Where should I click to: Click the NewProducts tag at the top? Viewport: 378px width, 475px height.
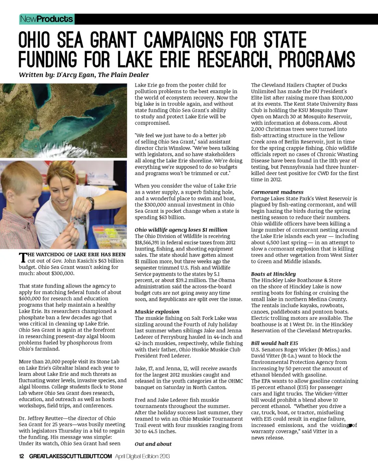(47, 19)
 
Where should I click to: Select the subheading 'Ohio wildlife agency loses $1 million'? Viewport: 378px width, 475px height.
(181, 230)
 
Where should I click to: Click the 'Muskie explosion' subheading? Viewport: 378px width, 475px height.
(157, 312)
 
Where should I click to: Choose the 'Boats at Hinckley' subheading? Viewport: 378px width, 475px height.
(273, 274)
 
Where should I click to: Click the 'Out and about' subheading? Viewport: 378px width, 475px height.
(153, 444)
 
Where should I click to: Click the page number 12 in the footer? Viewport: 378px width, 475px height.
(22, 456)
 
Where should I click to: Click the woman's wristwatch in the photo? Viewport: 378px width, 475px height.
(91, 202)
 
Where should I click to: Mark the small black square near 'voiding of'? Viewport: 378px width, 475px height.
(350, 424)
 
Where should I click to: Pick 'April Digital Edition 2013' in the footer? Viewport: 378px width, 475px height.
(142, 456)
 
